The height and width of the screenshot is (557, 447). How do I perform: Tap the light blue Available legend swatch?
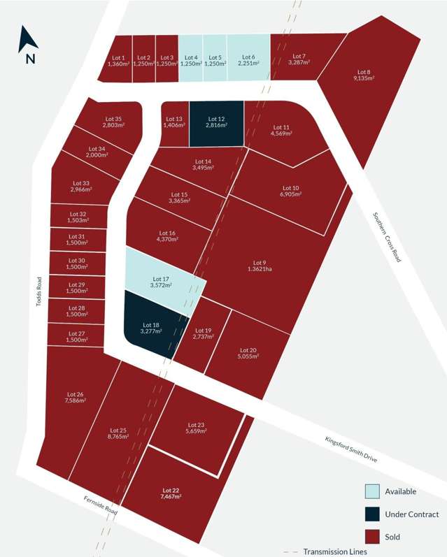373,491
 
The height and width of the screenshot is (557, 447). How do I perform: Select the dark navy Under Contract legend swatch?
373,514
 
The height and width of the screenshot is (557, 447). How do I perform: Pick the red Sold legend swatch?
373,537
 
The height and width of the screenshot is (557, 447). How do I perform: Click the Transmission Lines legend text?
334,552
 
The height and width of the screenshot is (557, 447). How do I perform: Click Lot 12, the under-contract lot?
216,124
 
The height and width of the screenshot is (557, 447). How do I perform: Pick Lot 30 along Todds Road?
78,263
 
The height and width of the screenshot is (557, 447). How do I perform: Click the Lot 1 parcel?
119,60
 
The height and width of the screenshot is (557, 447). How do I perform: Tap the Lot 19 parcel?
203,334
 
